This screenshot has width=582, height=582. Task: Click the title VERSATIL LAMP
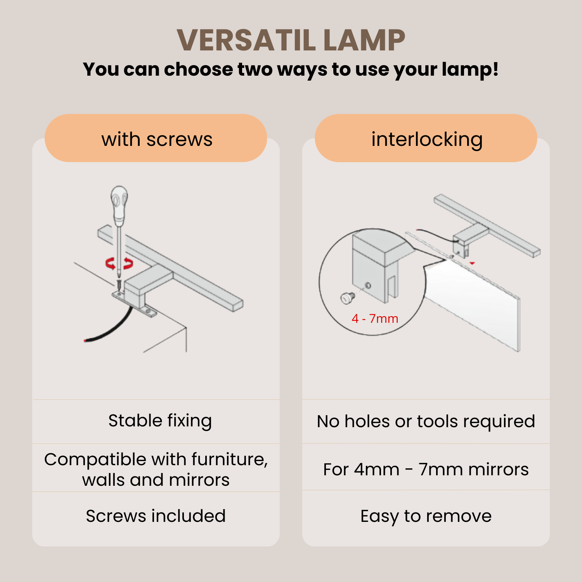coord(291,40)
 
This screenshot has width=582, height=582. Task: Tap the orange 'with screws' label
coord(156,138)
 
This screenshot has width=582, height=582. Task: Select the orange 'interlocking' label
coord(426,138)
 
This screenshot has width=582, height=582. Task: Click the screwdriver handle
coord(119,206)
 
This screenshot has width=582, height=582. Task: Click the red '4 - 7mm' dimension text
coord(375,319)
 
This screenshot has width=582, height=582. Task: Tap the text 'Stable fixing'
coord(160,421)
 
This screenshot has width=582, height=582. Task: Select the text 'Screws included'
coord(156,516)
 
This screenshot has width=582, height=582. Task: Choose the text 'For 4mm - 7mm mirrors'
coord(426,469)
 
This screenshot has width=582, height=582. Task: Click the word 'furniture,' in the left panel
coord(230,459)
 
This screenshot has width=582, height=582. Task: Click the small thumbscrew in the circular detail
coord(347,298)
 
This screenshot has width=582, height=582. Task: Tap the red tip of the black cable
coord(85,341)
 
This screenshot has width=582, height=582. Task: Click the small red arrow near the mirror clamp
coord(472,263)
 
